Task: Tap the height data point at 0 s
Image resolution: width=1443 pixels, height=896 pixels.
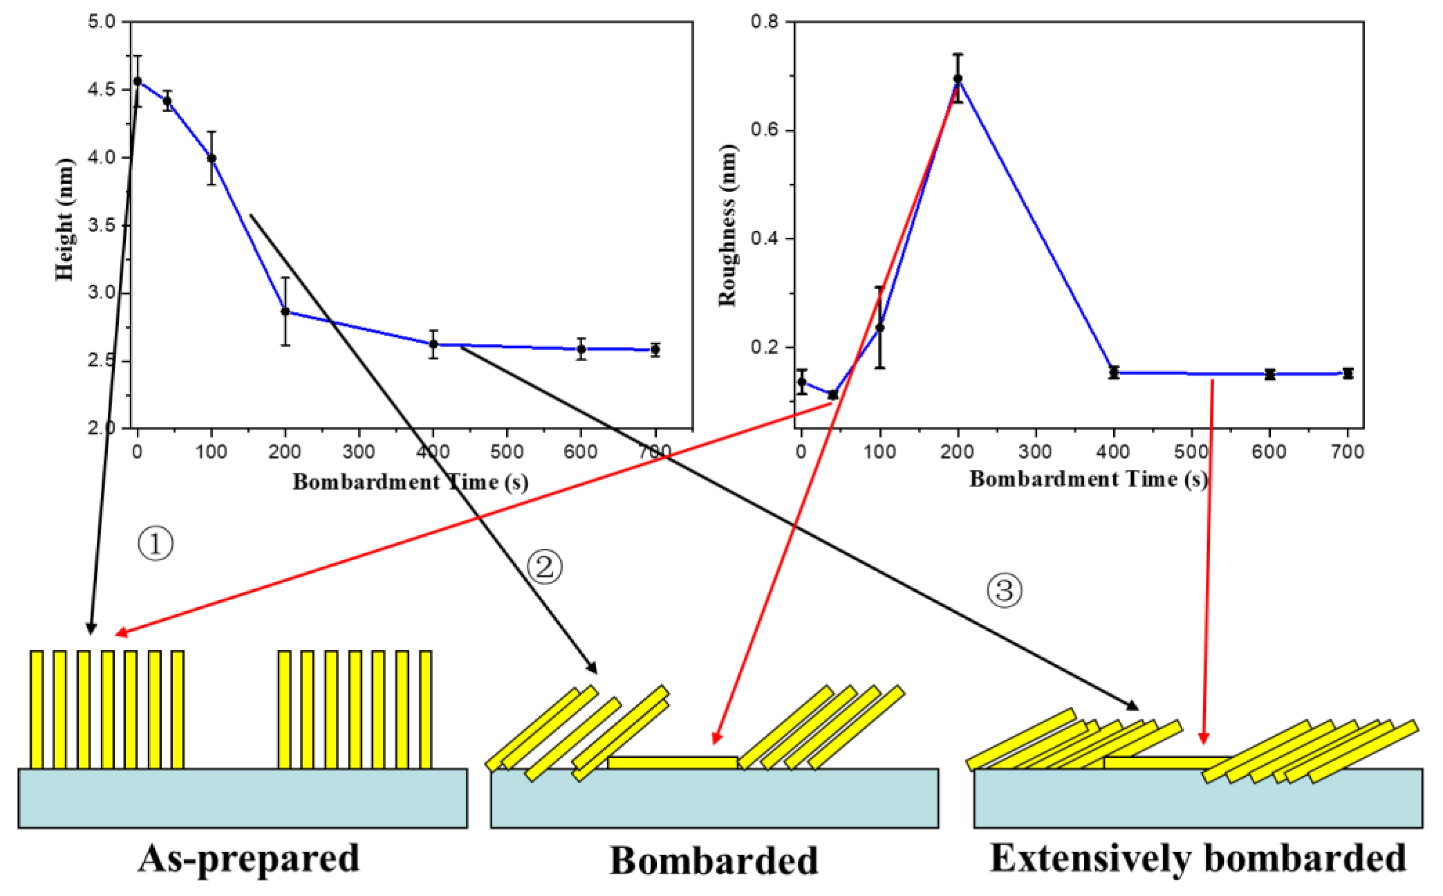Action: point(137,81)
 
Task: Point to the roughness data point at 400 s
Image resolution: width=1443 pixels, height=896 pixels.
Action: point(1114,373)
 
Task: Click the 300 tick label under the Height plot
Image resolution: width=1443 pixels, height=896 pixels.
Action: point(358,452)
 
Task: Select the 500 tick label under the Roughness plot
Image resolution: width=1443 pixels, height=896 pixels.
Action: point(1191,452)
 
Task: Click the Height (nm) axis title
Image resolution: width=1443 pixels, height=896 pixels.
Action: point(65,219)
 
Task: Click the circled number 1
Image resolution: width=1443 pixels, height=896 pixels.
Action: point(155,544)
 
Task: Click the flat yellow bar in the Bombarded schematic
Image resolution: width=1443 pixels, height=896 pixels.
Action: point(672,763)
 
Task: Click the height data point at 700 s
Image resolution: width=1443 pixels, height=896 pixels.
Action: point(654,350)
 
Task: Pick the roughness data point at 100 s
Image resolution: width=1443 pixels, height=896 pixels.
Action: point(880,327)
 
